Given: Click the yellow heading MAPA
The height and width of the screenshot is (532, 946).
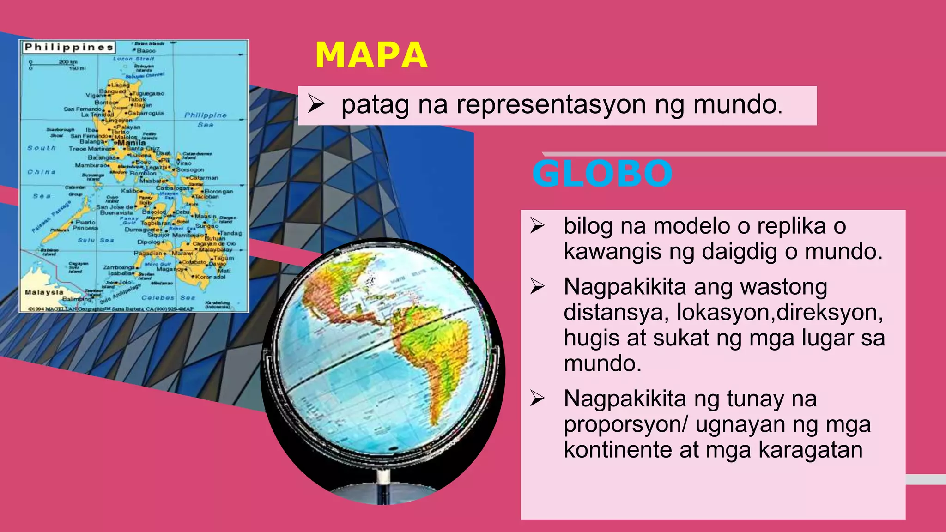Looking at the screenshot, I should pos(371,55).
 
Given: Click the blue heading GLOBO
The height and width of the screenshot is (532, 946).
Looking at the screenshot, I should pos(602,174).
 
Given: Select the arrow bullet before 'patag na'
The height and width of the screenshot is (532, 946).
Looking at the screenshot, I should pos(316,104).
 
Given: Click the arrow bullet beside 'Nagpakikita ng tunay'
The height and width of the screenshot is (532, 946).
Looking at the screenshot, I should pos(538,399).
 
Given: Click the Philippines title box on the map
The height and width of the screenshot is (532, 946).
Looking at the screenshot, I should pos(69,47).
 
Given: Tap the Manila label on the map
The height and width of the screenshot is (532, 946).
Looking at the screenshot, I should pos(131,143).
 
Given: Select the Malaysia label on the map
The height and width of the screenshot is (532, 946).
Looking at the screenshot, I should pos(44,292).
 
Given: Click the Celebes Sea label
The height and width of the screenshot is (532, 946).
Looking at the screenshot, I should pos(168,297).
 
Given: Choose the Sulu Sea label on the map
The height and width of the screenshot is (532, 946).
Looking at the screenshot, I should pos(96,240).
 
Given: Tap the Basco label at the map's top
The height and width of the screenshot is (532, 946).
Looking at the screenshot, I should pos(146,50).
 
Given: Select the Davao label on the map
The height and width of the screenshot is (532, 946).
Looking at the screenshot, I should pos(218,264).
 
